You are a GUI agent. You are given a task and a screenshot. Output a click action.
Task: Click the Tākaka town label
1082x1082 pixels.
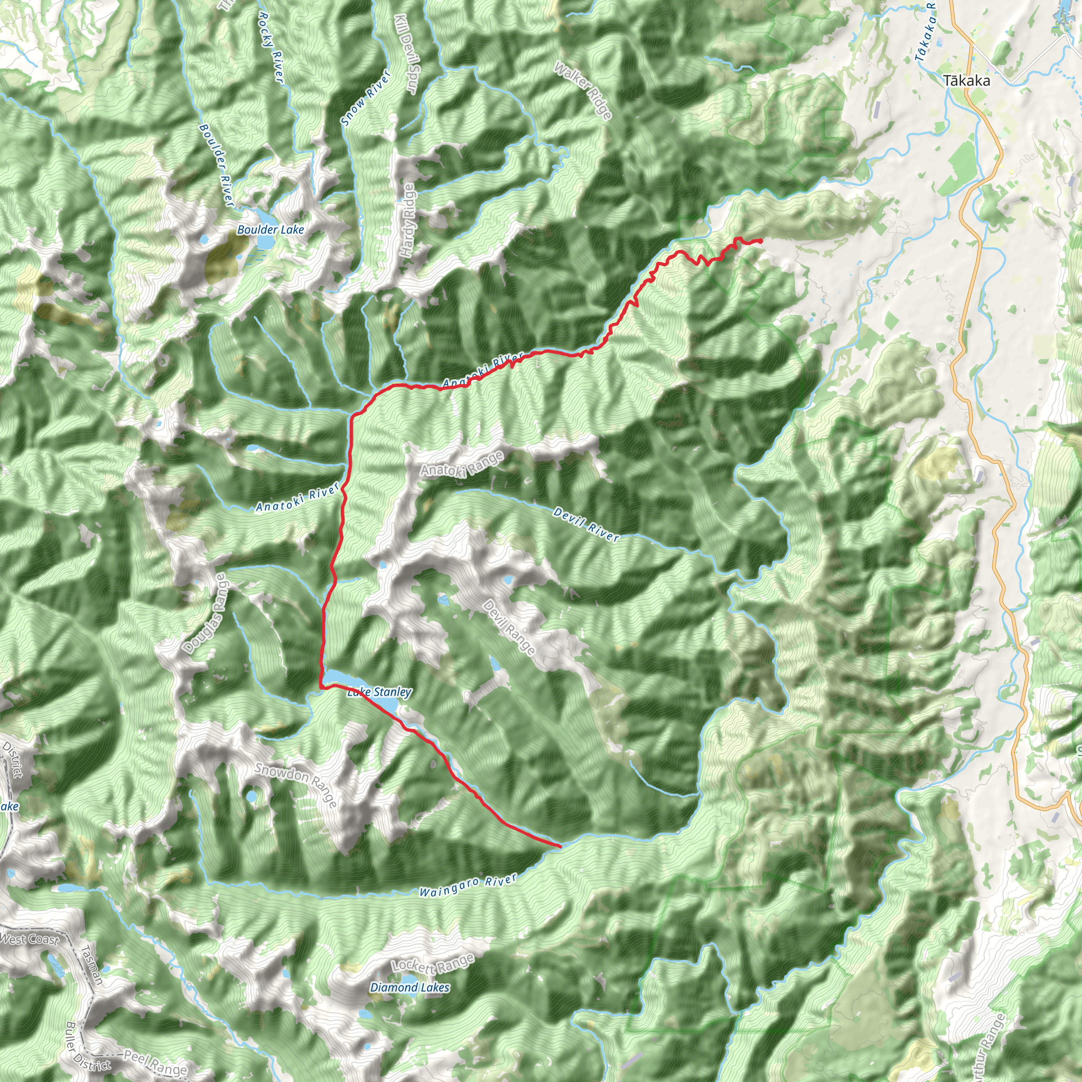tap(966, 81)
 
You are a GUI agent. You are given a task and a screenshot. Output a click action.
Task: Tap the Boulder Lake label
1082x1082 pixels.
tap(270, 230)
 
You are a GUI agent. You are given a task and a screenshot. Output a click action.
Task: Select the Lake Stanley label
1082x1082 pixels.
tap(379, 692)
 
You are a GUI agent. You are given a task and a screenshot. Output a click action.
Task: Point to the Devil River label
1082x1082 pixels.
tap(586, 525)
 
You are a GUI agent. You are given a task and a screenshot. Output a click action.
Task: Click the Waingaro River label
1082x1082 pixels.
tap(468, 886)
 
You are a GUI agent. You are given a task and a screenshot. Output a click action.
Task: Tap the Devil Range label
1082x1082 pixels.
tap(509, 627)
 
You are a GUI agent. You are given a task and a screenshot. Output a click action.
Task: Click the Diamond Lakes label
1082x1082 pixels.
tap(409, 988)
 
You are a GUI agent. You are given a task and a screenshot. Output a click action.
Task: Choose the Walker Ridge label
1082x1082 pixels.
tap(583, 90)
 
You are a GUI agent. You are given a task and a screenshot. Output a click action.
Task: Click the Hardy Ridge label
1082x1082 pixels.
tap(408, 221)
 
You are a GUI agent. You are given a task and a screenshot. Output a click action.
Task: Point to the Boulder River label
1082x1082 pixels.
tap(216, 165)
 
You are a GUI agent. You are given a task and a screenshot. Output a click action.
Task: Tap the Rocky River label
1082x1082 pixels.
tap(271, 48)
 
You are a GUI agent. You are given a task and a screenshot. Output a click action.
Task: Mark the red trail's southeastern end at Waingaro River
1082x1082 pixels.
tap(559, 846)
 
